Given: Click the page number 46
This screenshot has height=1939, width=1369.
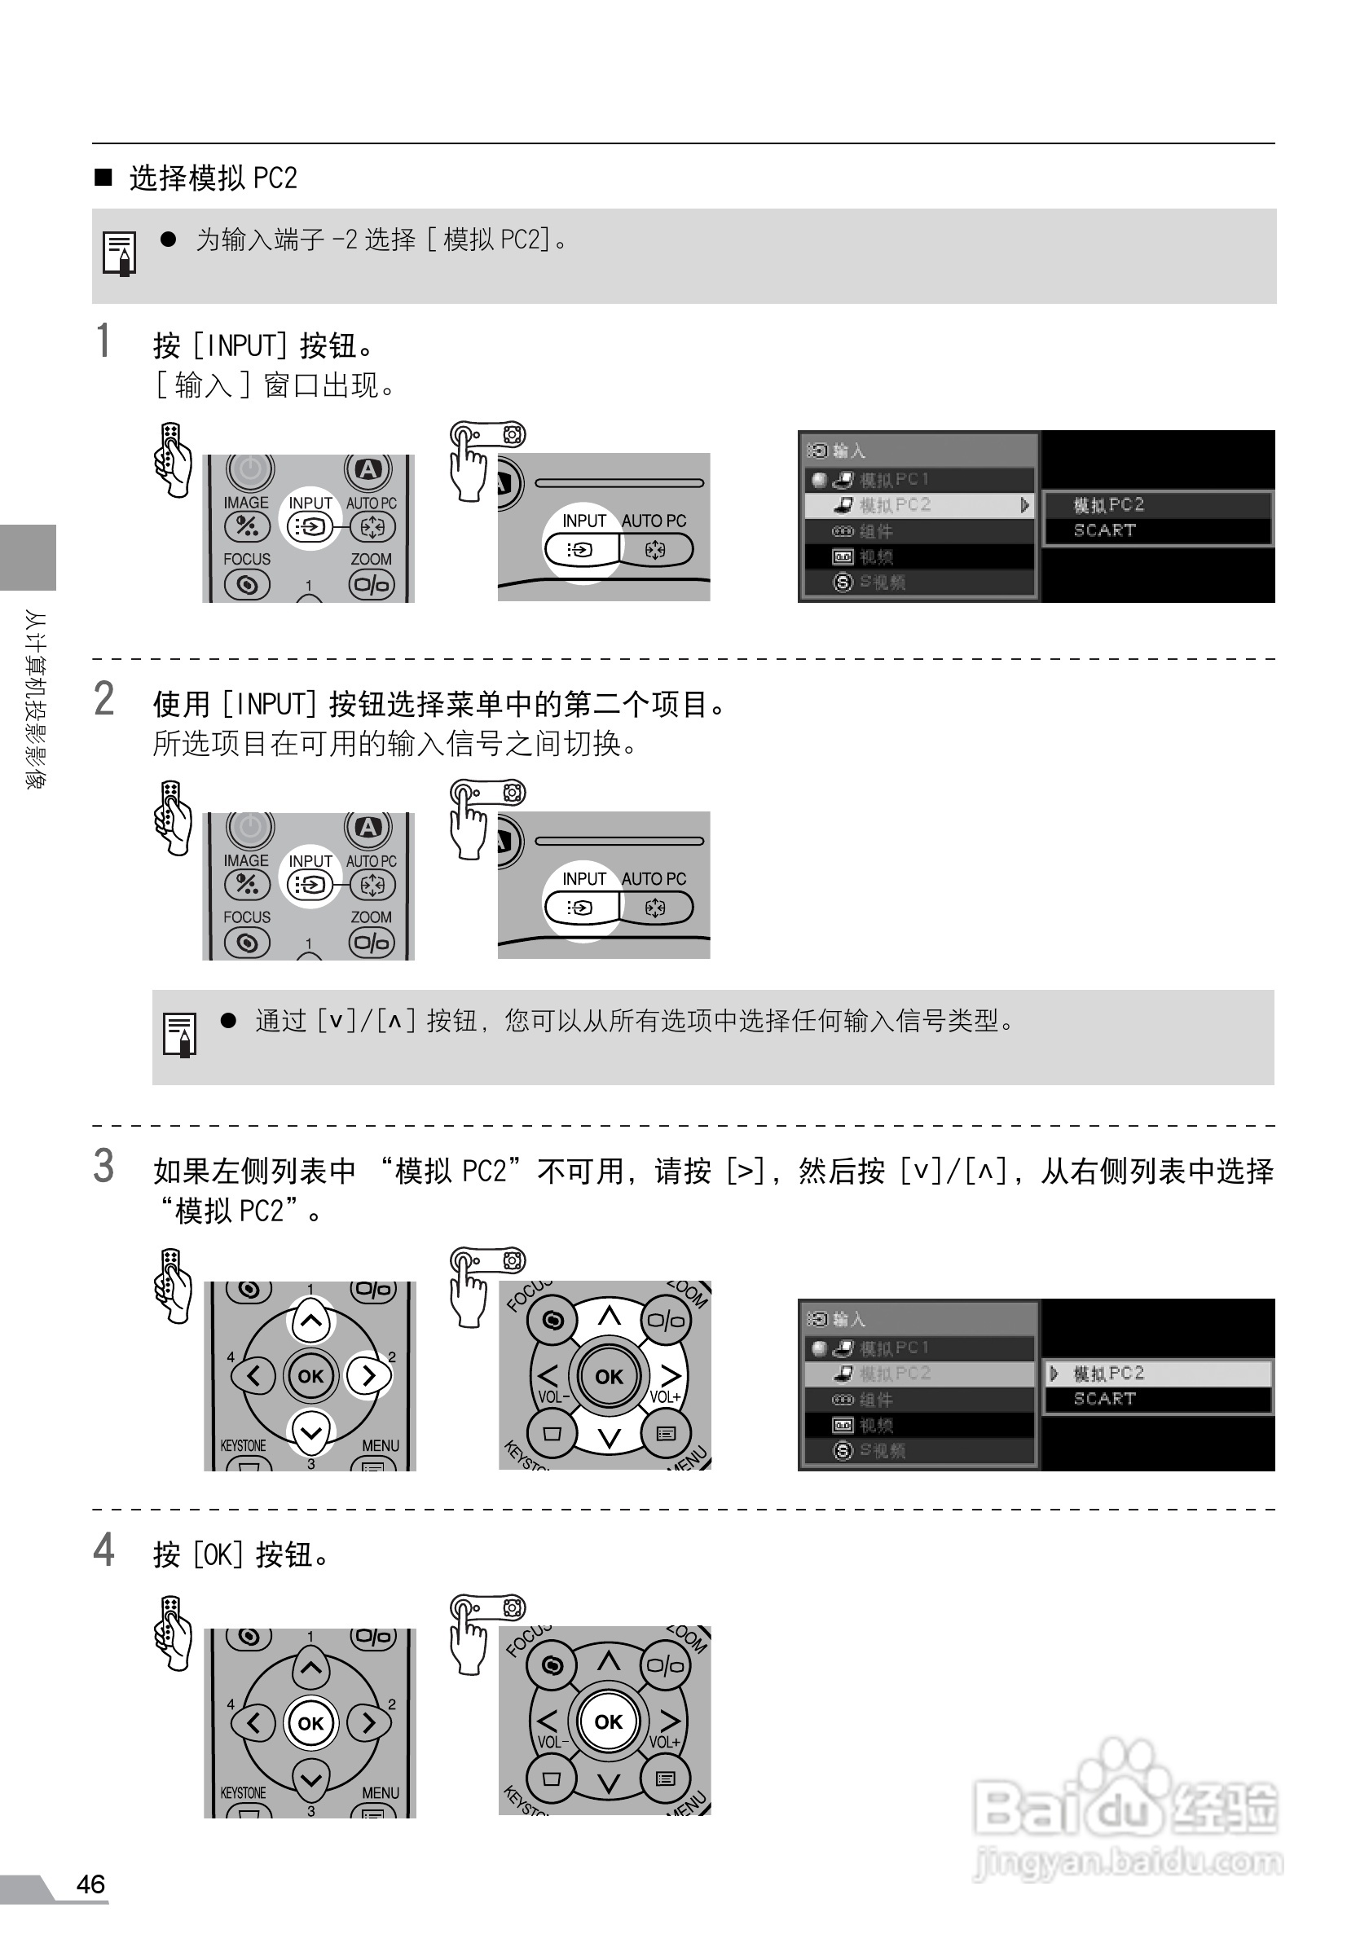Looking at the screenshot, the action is point(90,1884).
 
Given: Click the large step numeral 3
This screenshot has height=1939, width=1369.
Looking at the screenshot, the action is point(103,1167).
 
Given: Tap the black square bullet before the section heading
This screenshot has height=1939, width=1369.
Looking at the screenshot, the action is point(103,177).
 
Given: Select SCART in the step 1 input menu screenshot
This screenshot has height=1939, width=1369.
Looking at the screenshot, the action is point(1104,530).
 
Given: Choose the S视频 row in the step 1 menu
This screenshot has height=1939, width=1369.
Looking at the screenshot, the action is point(882,582).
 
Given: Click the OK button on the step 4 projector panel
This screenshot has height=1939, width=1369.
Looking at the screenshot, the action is point(608,1721).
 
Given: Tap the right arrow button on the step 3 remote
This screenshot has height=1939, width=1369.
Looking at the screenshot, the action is point(368,1376).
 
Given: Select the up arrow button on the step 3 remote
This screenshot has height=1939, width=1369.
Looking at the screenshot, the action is point(310,1321).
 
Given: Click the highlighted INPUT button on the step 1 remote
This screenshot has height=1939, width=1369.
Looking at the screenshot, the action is point(310,527).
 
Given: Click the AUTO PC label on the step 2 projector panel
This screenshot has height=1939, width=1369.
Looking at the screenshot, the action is point(654,878).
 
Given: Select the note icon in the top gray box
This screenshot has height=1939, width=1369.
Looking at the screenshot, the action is point(119,253).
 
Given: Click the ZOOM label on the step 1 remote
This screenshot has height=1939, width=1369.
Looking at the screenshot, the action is point(371,559).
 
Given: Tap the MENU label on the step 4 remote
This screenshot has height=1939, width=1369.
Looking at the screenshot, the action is point(380,1792).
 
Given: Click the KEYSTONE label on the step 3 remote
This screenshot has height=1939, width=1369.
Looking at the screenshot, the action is point(243,1445).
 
